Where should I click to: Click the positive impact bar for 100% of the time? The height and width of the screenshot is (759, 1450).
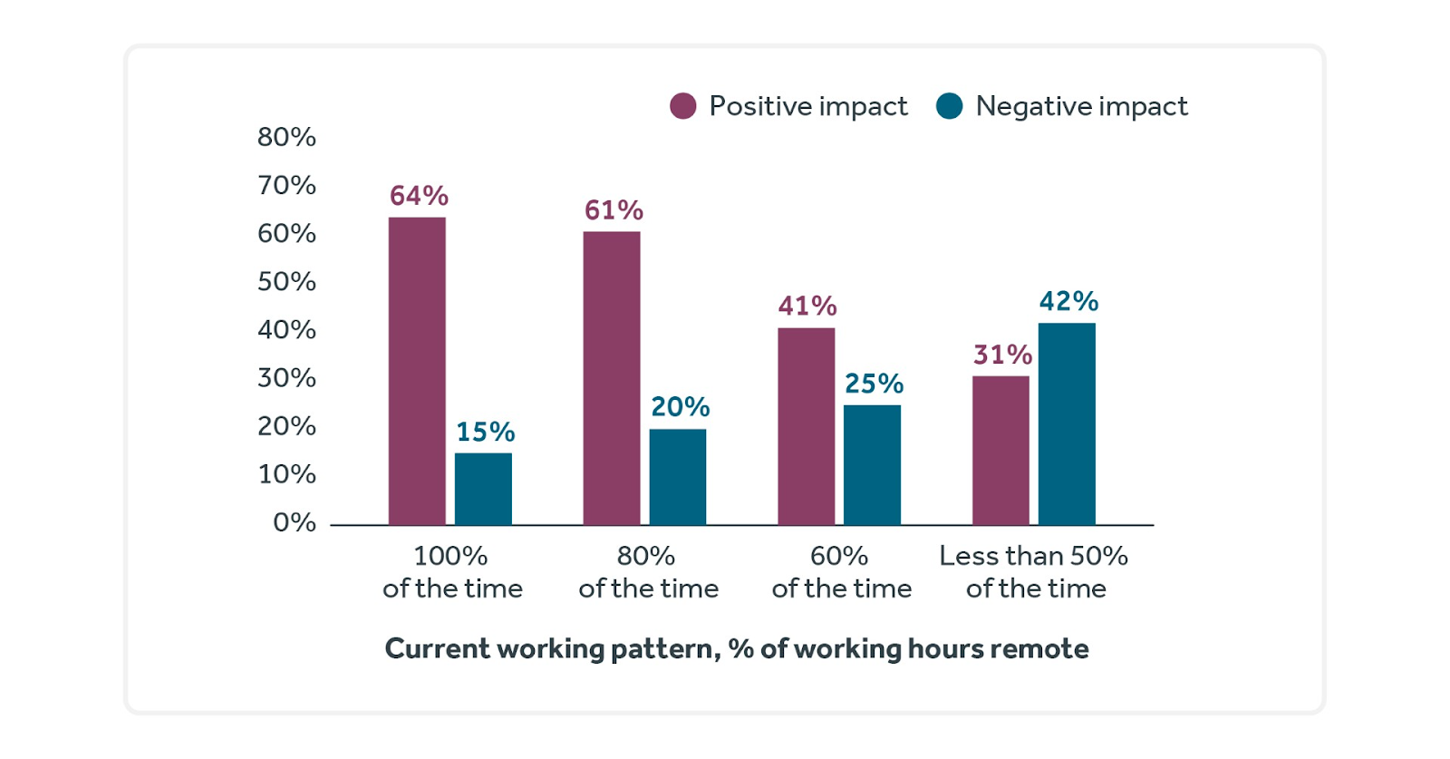click(417, 371)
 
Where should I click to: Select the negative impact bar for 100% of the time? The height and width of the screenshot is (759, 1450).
click(483, 489)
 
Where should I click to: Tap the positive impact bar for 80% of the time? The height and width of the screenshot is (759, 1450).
click(612, 378)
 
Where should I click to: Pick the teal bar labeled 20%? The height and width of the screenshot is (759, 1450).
click(678, 477)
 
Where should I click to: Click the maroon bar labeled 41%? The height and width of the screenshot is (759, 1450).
click(807, 426)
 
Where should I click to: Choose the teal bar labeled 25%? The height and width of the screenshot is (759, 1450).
click(872, 465)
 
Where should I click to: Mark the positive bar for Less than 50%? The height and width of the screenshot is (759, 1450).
click(1000, 451)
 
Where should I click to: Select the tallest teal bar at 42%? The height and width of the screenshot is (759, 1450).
click(1067, 424)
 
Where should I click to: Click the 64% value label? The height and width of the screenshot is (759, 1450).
click(419, 196)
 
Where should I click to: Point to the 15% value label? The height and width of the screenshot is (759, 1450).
click(485, 432)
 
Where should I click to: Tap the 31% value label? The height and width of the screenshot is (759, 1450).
click(1002, 355)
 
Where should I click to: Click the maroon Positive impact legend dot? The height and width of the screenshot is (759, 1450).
click(683, 106)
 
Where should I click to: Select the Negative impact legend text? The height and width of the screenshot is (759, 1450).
click(1081, 106)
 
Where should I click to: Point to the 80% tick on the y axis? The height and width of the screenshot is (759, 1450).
click(286, 137)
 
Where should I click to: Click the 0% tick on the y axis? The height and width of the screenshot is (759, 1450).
click(294, 522)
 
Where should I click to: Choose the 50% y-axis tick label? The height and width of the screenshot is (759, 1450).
click(286, 281)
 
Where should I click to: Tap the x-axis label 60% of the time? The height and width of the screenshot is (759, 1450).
click(841, 572)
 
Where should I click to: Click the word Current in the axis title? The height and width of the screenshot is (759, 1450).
click(437, 648)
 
